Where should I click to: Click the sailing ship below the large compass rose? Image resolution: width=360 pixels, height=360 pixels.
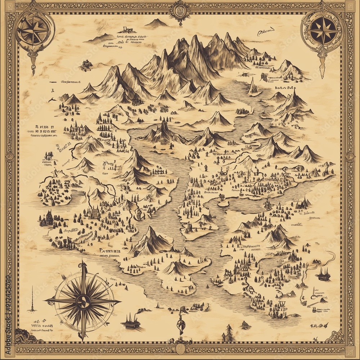(131, 321)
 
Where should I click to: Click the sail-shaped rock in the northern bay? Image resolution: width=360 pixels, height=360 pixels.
(253, 87)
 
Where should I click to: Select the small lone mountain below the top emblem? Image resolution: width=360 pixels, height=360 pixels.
(156, 23)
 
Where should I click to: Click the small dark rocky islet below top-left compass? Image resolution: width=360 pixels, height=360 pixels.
(86, 66)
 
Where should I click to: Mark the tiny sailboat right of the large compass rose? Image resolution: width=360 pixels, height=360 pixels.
(157, 306)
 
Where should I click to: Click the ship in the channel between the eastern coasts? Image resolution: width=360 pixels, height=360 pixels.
(268, 205)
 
